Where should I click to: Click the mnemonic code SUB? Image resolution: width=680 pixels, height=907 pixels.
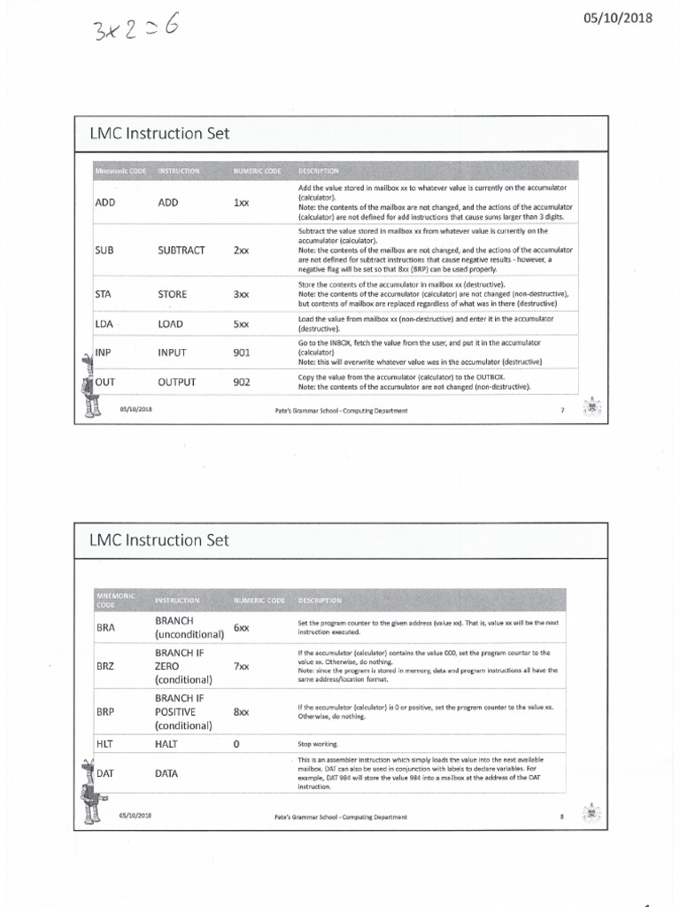[105, 250]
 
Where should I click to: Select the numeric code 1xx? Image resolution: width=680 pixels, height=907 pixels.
[241, 203]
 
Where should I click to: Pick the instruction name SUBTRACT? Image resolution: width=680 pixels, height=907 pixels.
[182, 250]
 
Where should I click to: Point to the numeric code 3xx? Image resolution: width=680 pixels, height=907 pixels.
[241, 294]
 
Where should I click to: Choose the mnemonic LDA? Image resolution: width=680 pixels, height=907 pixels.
[104, 324]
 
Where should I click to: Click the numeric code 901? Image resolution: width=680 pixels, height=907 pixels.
[243, 353]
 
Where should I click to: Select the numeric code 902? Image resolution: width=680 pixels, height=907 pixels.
[243, 383]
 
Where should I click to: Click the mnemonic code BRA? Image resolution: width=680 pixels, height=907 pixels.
[105, 627]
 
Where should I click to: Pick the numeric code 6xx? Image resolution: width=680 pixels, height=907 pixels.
[241, 627]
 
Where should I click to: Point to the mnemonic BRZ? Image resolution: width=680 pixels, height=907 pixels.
[105, 665]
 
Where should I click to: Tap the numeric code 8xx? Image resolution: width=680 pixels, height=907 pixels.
[241, 711]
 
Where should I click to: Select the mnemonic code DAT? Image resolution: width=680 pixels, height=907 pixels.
[105, 773]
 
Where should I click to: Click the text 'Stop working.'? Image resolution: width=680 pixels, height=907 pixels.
[318, 744]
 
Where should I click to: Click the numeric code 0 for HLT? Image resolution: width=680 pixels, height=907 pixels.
[236, 744]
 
